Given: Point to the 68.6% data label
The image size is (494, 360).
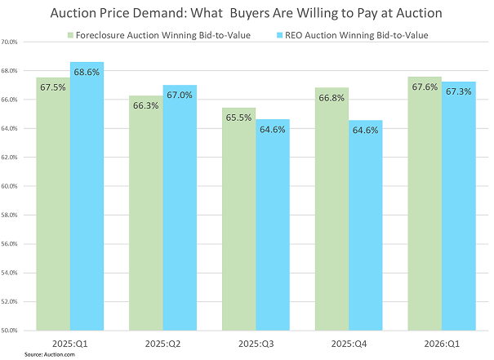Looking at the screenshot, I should (87, 73).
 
